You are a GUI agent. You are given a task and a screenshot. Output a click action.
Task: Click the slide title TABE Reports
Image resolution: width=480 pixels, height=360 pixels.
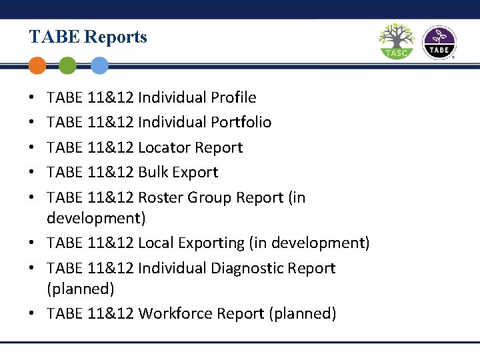(x=88, y=37)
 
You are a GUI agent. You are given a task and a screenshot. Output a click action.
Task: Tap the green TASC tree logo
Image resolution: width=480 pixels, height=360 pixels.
(x=396, y=41)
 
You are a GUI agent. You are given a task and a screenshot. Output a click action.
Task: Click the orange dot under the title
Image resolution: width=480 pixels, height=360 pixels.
(x=38, y=65)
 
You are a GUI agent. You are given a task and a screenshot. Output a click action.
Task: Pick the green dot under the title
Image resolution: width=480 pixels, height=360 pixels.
(x=67, y=65)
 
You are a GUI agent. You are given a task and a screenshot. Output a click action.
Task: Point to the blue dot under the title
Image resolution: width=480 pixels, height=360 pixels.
(x=99, y=65)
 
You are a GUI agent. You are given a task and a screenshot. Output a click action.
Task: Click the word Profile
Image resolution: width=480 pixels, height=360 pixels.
(x=233, y=97)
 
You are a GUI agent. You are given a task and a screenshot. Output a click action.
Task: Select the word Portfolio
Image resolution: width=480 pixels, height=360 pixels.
(x=241, y=122)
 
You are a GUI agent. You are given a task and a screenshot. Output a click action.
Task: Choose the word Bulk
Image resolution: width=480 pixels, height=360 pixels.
(x=153, y=172)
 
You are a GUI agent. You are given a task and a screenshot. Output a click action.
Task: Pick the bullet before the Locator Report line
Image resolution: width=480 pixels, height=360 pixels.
(x=33, y=148)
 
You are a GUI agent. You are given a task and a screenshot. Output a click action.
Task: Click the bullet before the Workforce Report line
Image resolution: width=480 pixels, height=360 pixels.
(x=33, y=314)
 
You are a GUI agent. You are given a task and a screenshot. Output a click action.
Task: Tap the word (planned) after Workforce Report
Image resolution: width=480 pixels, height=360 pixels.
(x=302, y=313)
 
